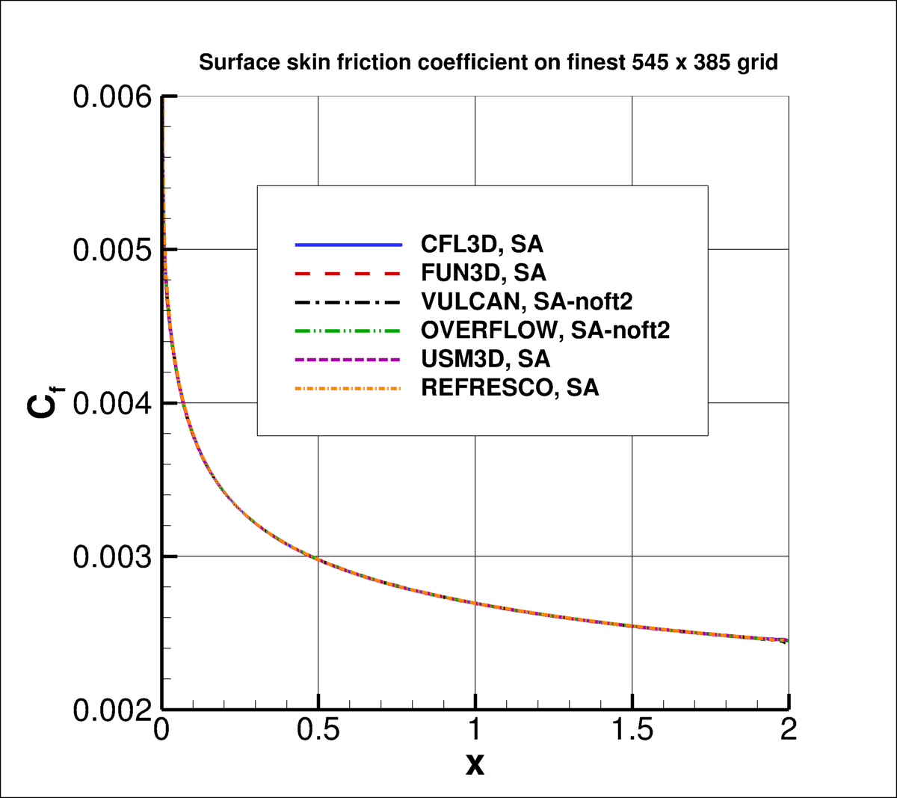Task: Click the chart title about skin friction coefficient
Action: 488,62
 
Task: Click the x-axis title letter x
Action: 475,764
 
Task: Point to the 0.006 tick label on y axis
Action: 112,97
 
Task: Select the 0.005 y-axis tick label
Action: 112,250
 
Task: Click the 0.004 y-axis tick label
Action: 112,403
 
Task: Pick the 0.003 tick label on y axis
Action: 112,556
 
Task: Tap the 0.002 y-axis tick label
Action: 112,710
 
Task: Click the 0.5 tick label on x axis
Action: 318,730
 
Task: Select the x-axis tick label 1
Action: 475,730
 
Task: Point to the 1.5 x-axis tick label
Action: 632,730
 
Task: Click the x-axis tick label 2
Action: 789,730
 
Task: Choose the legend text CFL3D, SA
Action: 482,245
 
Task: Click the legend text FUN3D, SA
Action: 484,273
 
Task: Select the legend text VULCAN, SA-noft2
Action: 527,301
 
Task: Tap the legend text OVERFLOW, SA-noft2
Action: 545,330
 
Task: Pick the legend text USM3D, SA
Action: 485,359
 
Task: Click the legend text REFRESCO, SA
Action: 510,387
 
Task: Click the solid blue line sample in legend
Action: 348,245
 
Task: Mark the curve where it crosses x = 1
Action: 475,603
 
